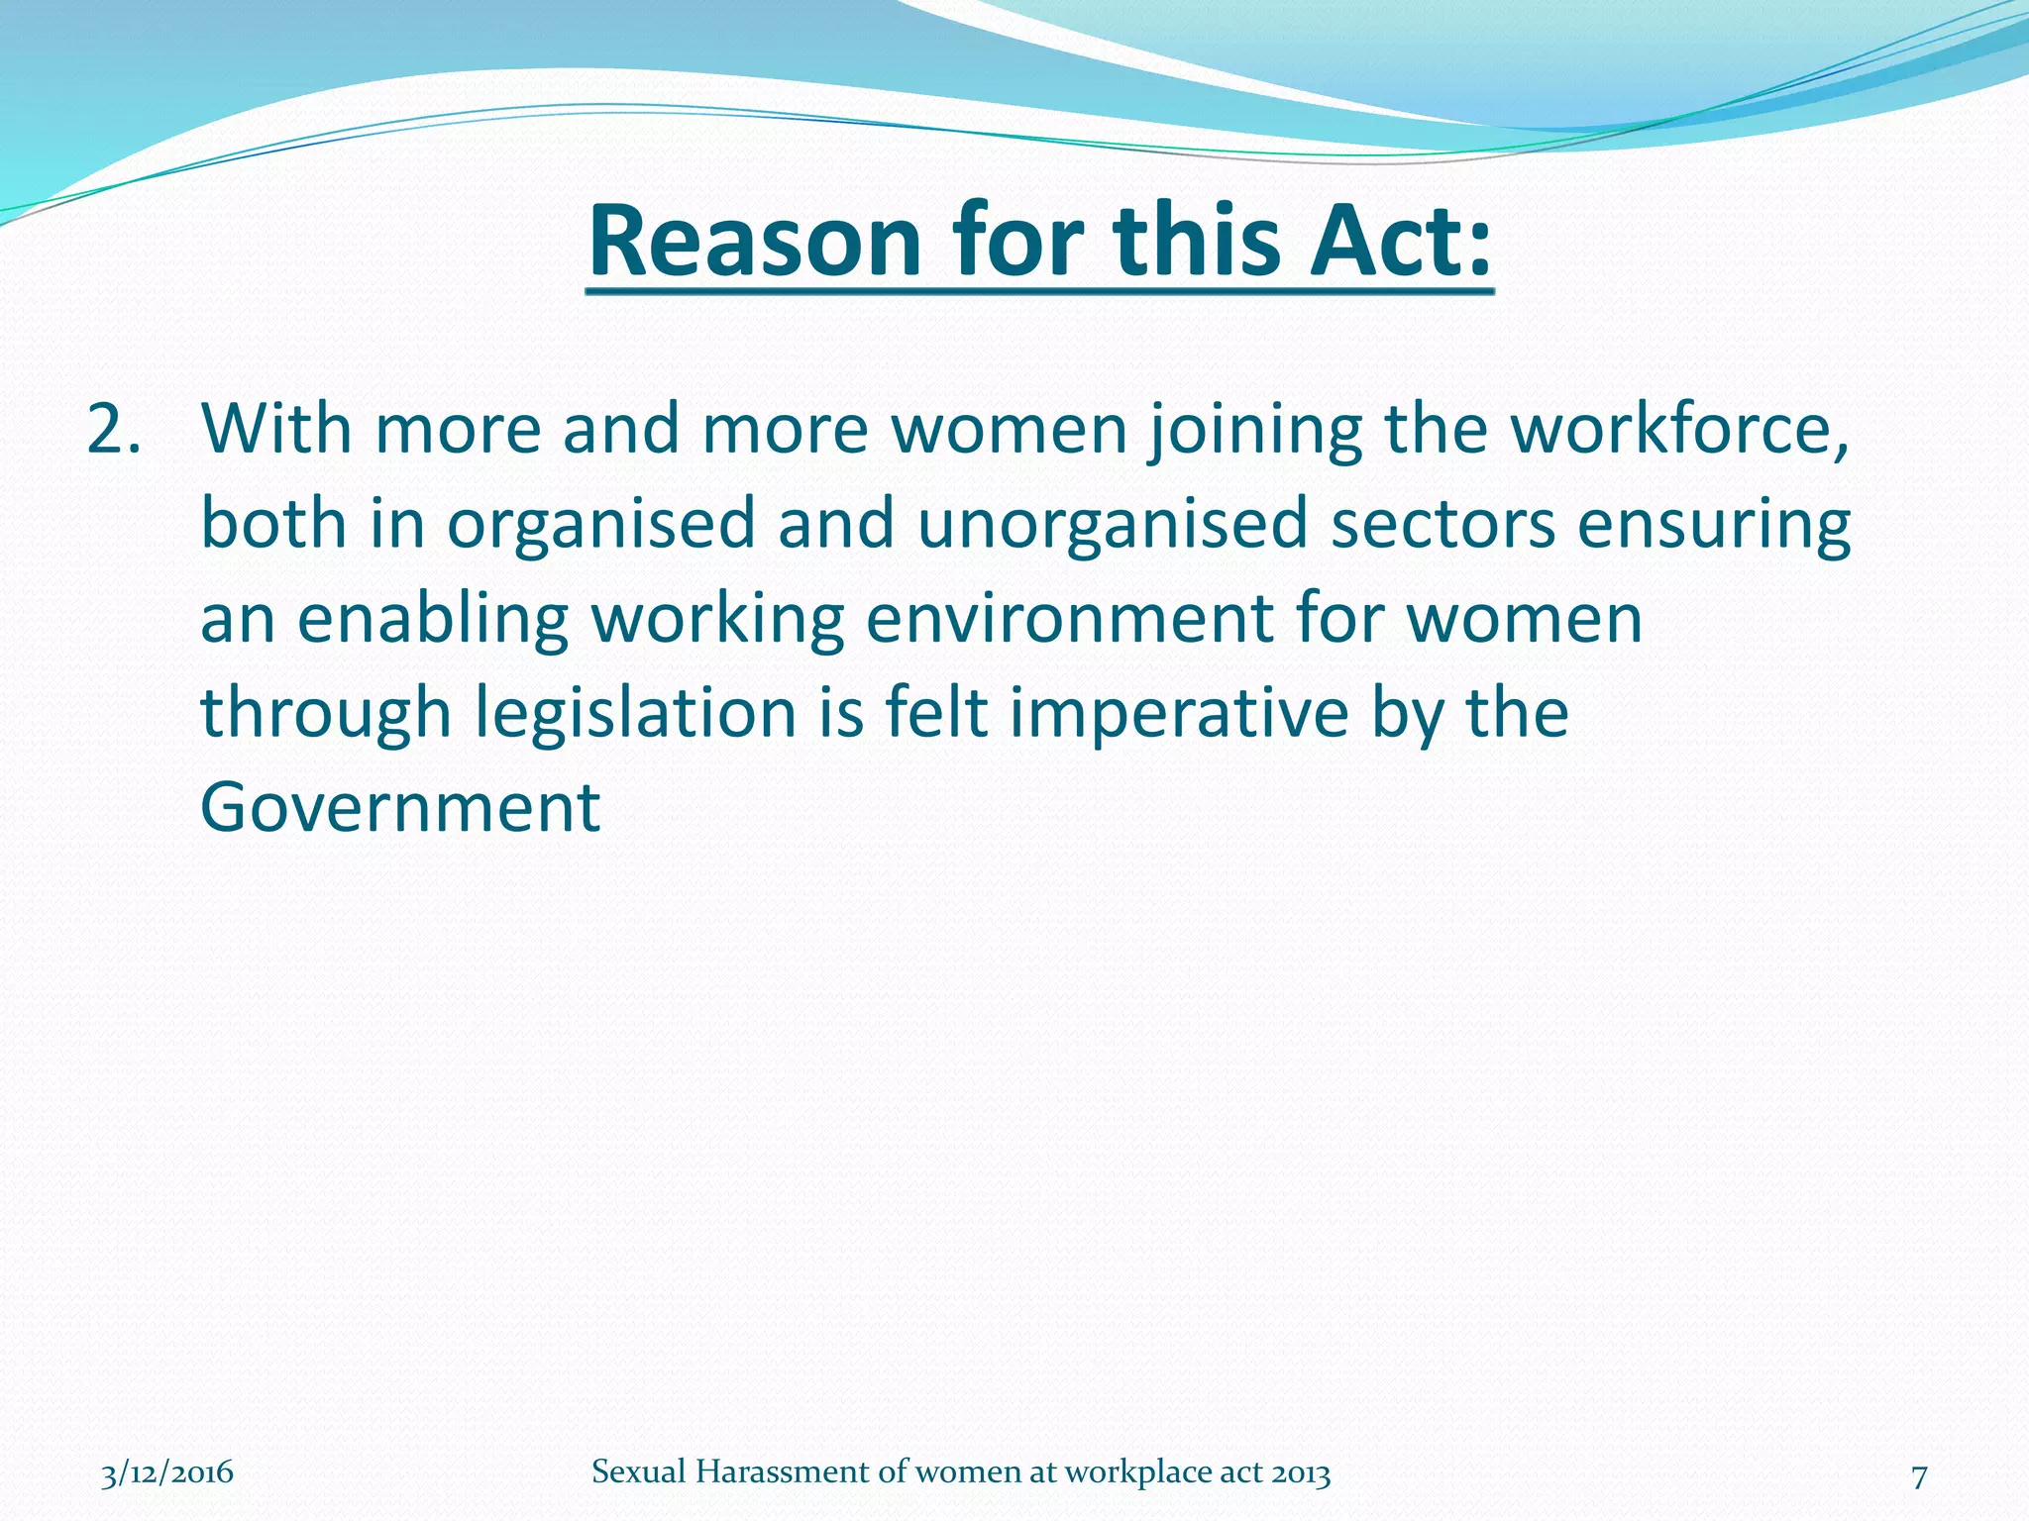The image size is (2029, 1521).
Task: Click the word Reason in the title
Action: click(755, 241)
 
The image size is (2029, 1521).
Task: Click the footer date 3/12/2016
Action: click(167, 1472)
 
